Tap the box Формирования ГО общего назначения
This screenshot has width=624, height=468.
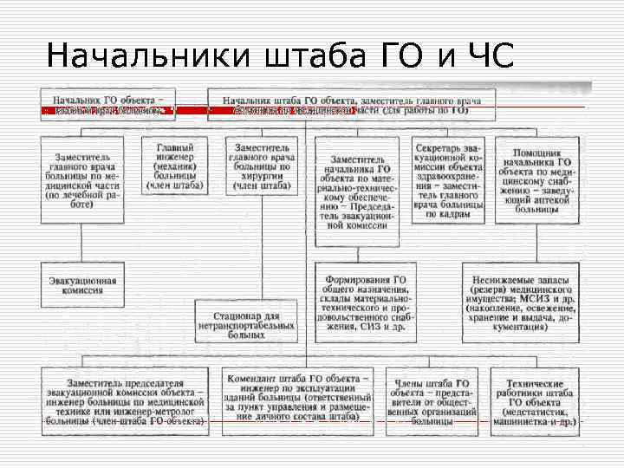[365, 302]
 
